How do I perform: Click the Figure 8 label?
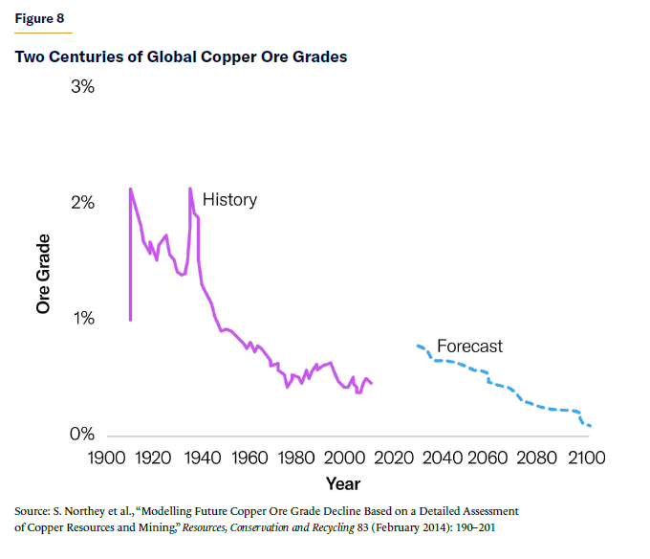click(x=41, y=18)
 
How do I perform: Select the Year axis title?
click(x=343, y=483)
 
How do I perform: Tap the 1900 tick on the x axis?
click(x=104, y=458)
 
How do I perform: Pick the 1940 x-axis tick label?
click(x=202, y=458)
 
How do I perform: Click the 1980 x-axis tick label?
click(x=297, y=458)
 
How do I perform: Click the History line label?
click(x=229, y=200)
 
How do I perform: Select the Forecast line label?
click(x=469, y=346)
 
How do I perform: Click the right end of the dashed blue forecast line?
click(x=591, y=426)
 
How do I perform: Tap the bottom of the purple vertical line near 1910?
click(x=130, y=320)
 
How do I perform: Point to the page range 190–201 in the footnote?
click(x=473, y=527)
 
